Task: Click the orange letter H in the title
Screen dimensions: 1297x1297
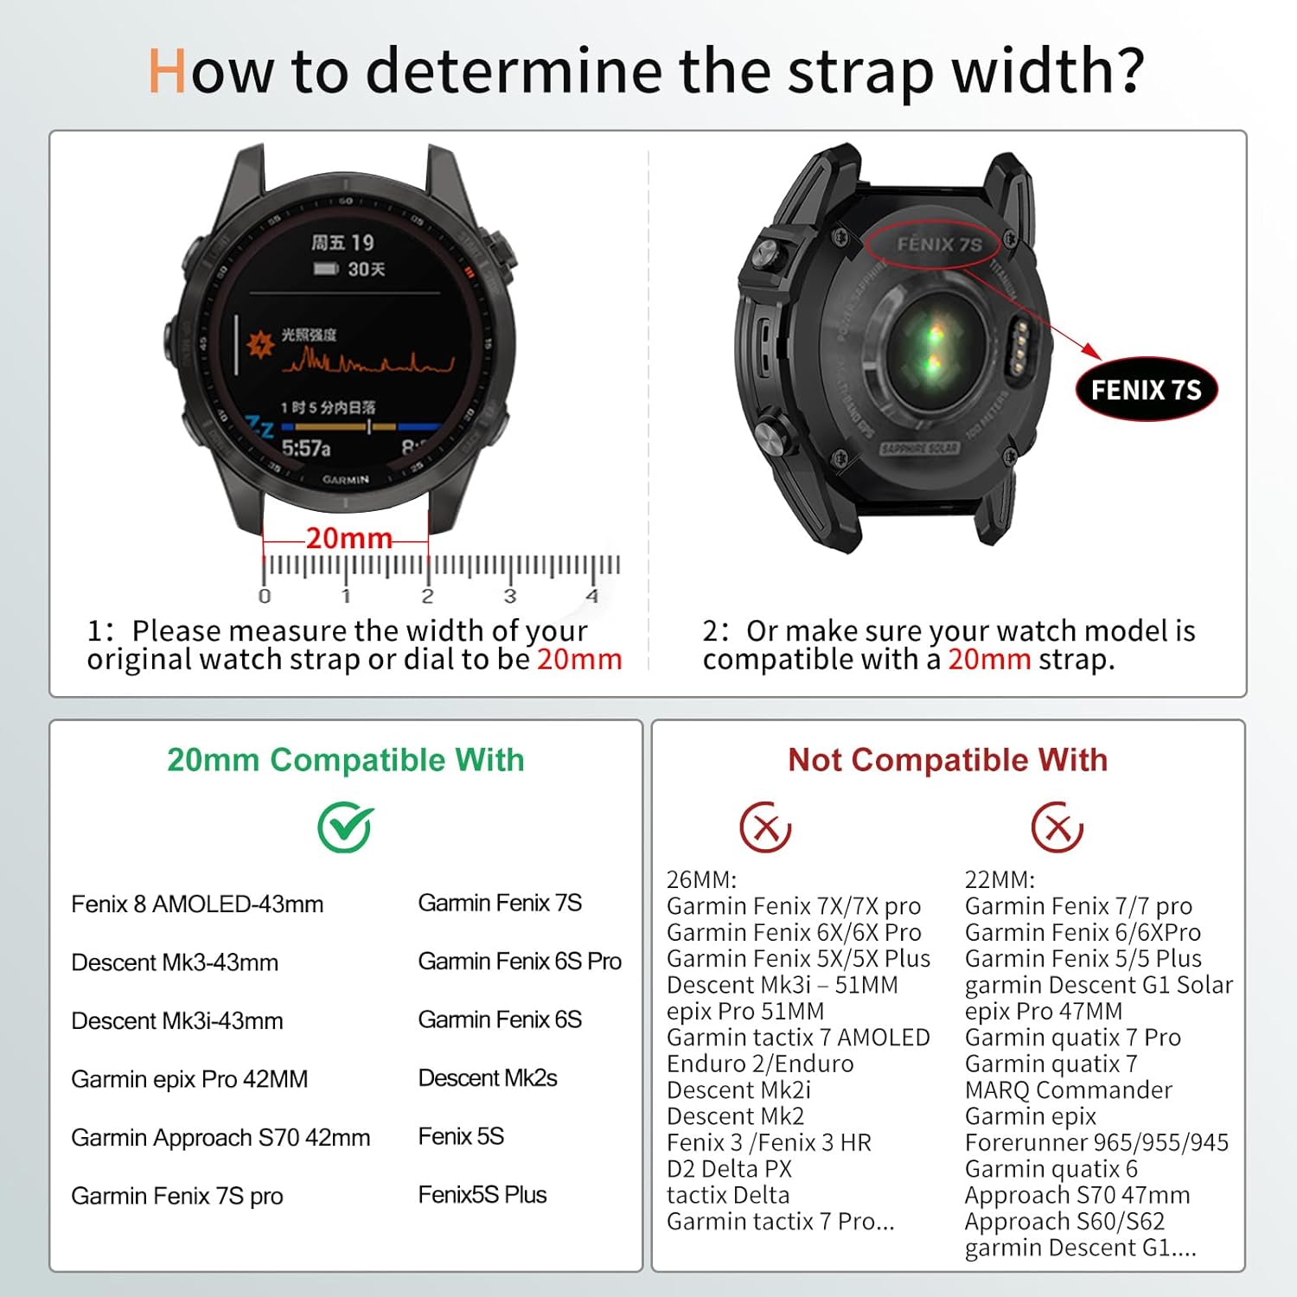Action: tap(168, 71)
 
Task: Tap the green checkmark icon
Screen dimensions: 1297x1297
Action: tap(345, 827)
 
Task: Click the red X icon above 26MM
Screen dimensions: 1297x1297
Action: tap(765, 827)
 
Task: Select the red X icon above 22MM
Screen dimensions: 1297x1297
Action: tap(1057, 827)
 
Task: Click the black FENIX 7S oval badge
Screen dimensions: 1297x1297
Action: tap(1146, 390)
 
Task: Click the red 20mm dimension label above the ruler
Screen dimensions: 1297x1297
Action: tap(349, 538)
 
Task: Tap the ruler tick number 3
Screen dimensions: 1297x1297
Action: tap(510, 596)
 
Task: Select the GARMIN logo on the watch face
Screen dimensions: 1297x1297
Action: tap(346, 479)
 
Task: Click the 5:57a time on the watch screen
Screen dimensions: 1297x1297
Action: tap(306, 448)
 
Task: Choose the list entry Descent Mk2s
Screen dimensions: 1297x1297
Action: tap(488, 1078)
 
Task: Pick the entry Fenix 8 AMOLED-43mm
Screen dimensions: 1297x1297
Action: tap(197, 904)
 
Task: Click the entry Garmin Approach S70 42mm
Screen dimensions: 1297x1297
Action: tap(220, 1138)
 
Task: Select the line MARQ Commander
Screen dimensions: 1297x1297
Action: tap(1069, 1090)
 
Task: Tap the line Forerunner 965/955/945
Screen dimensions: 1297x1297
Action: tap(1096, 1143)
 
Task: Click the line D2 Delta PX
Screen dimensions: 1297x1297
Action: tap(729, 1169)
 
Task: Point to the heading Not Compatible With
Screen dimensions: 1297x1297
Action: tap(948, 760)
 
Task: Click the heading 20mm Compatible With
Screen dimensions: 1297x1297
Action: tap(346, 760)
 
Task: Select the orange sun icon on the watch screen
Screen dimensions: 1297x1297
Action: tap(260, 344)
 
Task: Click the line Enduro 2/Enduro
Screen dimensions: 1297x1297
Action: tap(760, 1064)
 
